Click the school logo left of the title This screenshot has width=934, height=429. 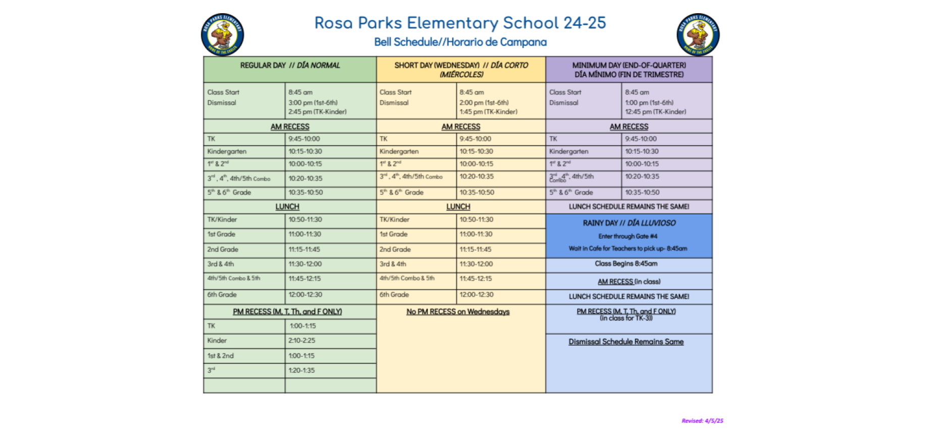[x=222, y=34]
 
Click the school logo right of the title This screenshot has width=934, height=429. [x=698, y=34]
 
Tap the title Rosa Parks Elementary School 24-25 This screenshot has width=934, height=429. [x=460, y=23]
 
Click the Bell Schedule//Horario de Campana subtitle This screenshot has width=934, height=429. [x=460, y=42]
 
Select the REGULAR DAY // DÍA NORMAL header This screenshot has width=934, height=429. [x=290, y=66]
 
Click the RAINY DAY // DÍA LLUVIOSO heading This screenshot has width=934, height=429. [x=629, y=223]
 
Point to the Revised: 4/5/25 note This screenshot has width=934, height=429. [x=702, y=420]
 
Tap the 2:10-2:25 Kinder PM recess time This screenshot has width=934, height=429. [x=302, y=341]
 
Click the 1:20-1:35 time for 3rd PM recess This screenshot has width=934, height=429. [x=301, y=370]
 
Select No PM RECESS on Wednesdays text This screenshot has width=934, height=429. [x=458, y=312]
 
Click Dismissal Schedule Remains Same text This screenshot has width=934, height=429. [x=626, y=342]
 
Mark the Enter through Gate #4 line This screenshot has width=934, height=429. [x=628, y=236]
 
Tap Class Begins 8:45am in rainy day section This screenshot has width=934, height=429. [x=626, y=263]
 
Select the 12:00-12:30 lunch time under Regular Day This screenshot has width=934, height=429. [x=305, y=295]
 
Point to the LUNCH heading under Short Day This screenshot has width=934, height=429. [x=458, y=207]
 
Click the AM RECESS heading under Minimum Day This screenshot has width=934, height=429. [x=629, y=127]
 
